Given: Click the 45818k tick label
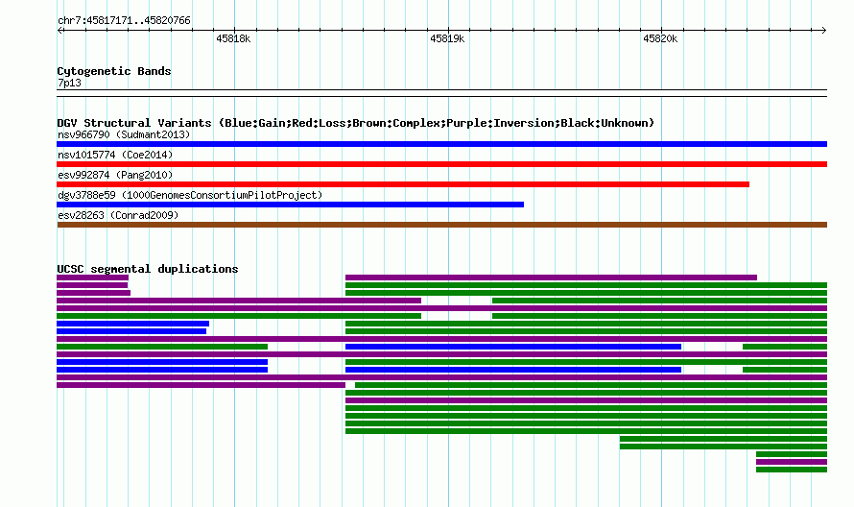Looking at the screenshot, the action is click(x=233, y=38).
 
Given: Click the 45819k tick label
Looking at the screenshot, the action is click(x=447, y=38).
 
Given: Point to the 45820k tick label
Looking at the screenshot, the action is click(x=660, y=38).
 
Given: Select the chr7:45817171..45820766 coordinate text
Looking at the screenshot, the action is click(x=124, y=21).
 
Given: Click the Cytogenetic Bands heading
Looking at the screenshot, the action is click(x=114, y=71).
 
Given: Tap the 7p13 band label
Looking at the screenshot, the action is click(x=69, y=83).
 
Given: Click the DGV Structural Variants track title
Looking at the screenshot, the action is click(x=356, y=123).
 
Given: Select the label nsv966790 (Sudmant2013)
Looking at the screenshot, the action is click(x=124, y=134).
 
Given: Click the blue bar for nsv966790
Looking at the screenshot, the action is click(x=441, y=144).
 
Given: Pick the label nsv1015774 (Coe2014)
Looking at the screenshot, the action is click(x=115, y=155).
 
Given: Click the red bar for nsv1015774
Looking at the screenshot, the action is click(x=441, y=164).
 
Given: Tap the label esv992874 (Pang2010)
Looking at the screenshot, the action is click(x=115, y=175).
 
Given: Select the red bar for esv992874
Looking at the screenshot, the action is click(x=403, y=184).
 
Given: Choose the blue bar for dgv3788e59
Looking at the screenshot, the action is click(x=291, y=205).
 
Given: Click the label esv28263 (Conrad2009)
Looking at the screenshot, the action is click(x=118, y=215).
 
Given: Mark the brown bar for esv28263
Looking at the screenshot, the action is click(x=441, y=225).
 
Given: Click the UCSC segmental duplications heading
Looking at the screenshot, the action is click(x=148, y=269).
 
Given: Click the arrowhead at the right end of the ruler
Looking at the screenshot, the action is click(x=825, y=31).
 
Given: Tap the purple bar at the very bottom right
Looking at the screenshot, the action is click(x=792, y=462).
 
